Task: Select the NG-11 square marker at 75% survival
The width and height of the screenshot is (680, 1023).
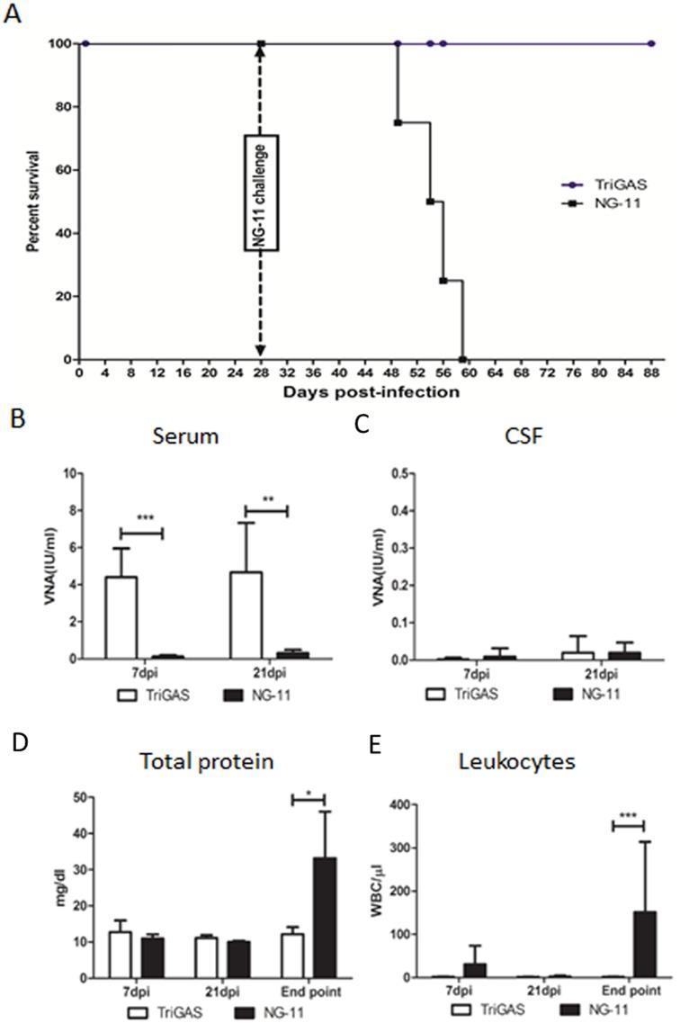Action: [x=398, y=122]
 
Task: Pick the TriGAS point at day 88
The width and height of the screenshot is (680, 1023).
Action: [x=651, y=43]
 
